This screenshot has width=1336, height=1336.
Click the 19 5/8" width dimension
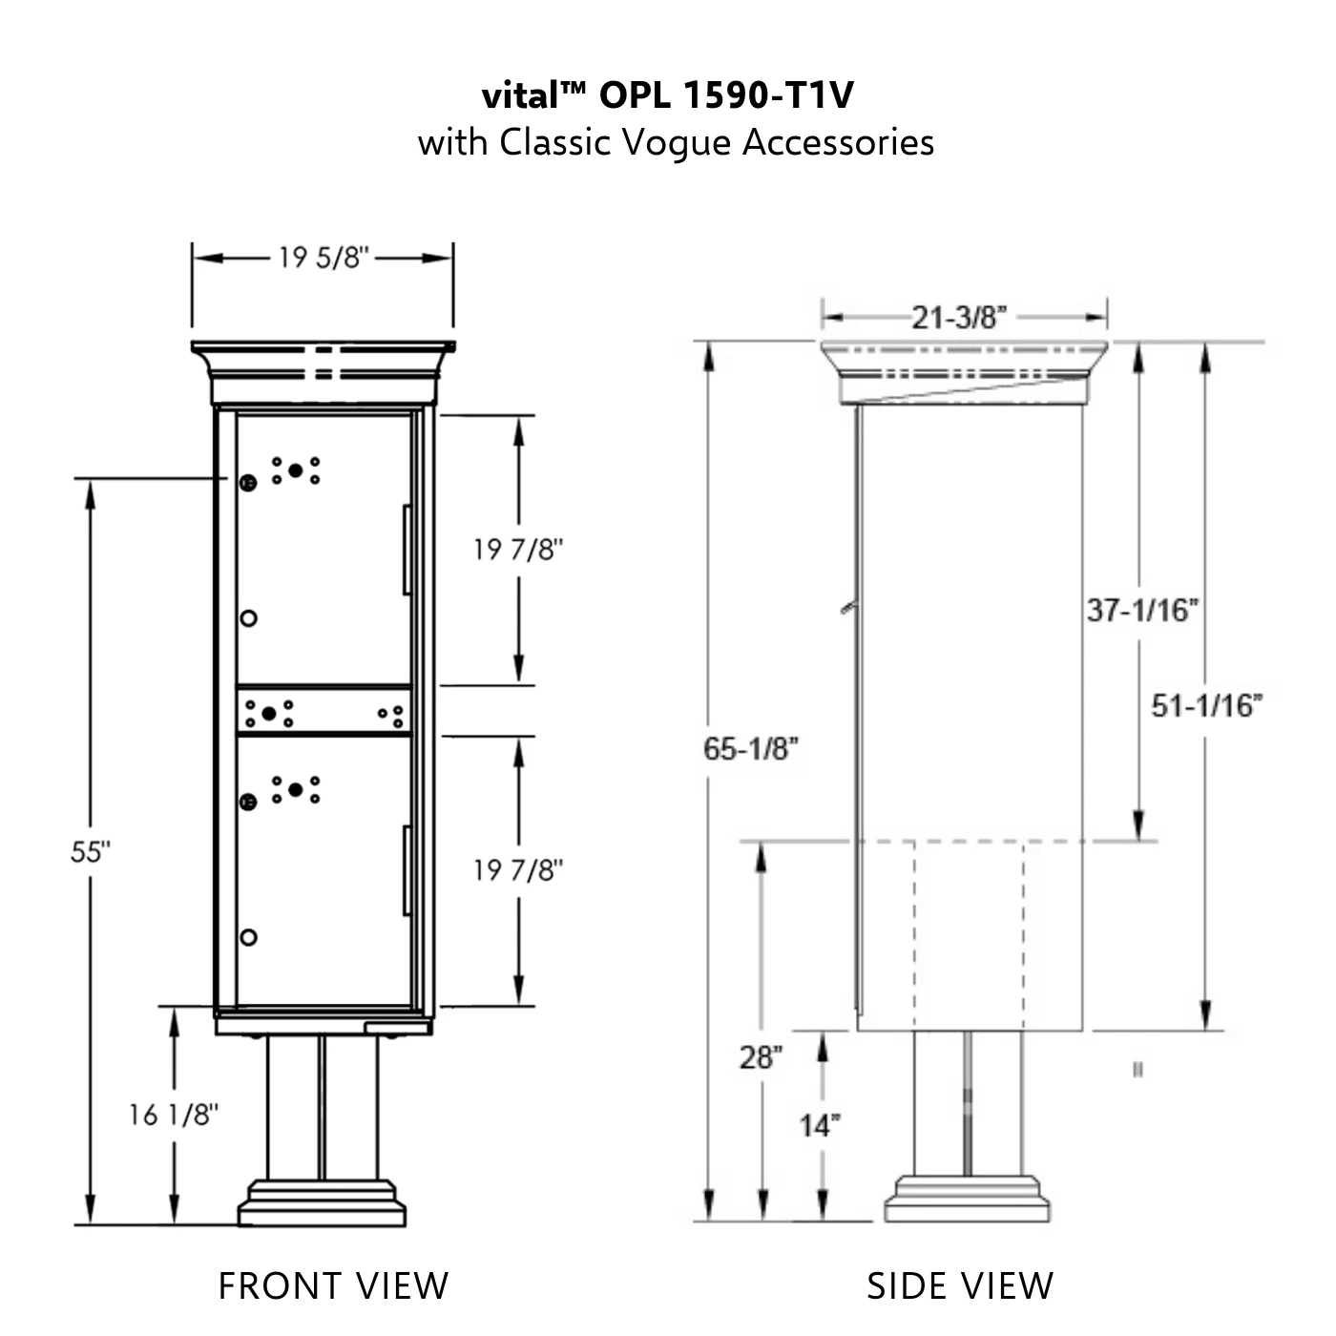click(323, 258)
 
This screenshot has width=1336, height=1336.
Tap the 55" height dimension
click(91, 852)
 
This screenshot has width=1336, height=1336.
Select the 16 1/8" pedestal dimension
click(174, 1114)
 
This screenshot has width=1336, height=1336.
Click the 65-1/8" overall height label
click(750, 749)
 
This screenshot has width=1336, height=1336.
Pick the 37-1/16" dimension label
click(1142, 610)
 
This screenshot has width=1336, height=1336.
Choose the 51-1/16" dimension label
click(1206, 706)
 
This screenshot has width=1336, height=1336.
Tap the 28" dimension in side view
click(761, 1057)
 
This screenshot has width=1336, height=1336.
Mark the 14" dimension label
click(820, 1126)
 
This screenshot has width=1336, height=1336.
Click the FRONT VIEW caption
click(333, 1285)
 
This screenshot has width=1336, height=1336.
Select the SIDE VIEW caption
click(960, 1285)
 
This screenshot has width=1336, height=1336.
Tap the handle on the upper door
click(407, 550)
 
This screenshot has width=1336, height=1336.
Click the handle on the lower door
click(407, 870)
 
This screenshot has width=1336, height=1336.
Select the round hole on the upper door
click(248, 618)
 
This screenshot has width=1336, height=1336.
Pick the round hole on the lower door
click(248, 937)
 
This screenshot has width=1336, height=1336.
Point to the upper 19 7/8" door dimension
click(518, 550)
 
